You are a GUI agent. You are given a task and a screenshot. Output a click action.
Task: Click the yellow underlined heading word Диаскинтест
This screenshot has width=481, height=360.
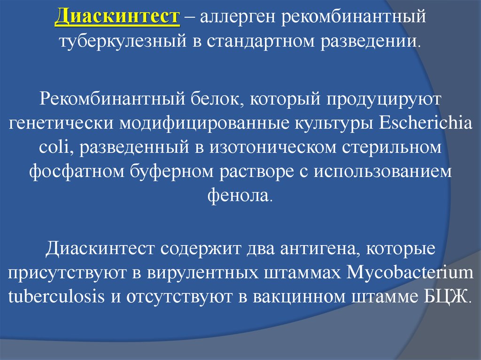117,18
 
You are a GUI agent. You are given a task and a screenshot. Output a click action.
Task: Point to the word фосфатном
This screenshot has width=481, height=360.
76,171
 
